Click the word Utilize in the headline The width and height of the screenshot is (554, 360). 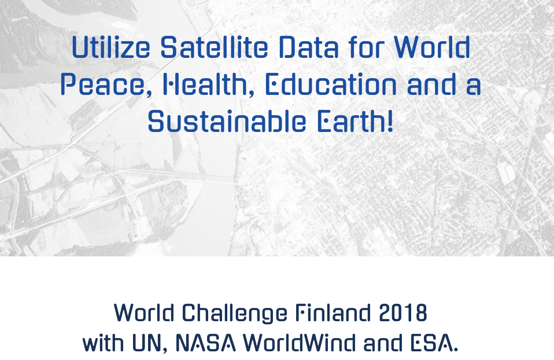coord(110,47)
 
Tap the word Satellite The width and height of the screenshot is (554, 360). coord(214,47)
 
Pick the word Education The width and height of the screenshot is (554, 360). coord(331,85)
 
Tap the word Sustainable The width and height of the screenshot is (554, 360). coord(227,122)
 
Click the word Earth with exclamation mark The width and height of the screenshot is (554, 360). coord(355,122)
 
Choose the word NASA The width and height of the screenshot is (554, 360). coord(205,343)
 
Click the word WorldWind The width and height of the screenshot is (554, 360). coord(300,343)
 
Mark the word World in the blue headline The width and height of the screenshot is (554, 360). coord(432,47)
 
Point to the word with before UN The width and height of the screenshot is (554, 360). coord(103,343)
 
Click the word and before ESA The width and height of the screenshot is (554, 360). coord(383,343)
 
